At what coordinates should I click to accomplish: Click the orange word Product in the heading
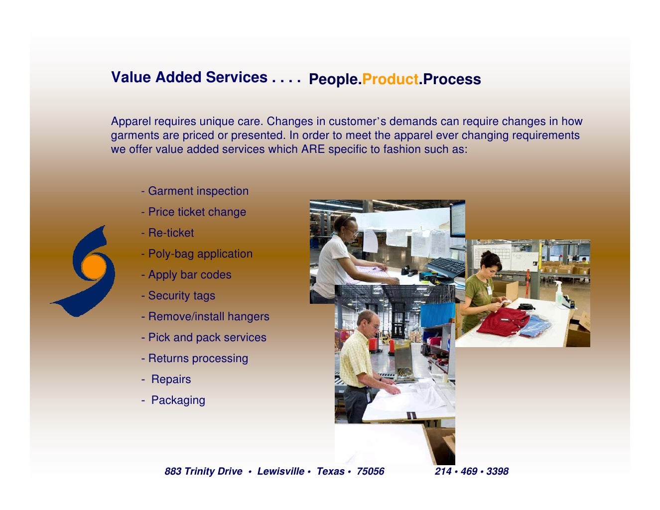coord(390,80)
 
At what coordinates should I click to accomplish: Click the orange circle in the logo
coord(94,267)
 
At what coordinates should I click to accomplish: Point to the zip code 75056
coord(370,472)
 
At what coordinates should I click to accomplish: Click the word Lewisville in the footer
coord(280,472)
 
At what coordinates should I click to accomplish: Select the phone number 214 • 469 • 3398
coord(471,472)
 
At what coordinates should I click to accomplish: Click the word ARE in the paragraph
coord(312,149)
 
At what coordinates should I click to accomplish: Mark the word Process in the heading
coord(452,80)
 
